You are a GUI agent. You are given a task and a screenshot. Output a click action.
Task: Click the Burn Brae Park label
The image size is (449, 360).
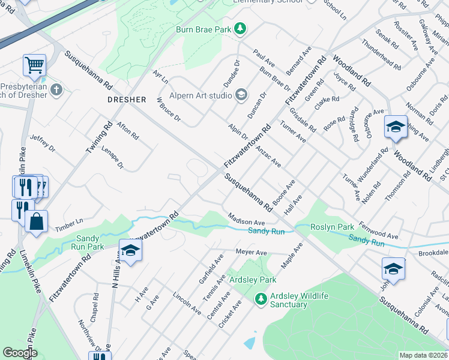(203, 29)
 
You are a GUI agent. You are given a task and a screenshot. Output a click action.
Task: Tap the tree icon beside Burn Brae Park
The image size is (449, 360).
(240, 28)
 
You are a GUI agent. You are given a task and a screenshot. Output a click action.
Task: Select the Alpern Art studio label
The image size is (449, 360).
(201, 94)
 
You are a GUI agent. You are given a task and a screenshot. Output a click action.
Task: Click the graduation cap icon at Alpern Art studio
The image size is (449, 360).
(241, 94)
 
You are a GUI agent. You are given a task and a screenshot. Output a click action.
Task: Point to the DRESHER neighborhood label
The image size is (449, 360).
(127, 100)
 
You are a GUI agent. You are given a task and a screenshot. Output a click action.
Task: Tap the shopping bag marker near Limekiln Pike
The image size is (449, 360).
(36, 221)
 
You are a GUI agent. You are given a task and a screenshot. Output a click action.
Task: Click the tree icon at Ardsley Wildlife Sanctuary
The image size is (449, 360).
(260, 298)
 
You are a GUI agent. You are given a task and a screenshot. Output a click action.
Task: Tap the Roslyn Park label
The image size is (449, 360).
(332, 227)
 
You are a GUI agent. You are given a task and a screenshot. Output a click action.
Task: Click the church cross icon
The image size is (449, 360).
(56, 91)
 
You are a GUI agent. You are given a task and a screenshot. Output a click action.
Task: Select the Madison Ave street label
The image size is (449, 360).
(246, 220)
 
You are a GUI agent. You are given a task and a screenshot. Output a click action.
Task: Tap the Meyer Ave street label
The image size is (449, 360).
(252, 253)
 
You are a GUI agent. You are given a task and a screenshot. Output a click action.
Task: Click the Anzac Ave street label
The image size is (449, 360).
(268, 155)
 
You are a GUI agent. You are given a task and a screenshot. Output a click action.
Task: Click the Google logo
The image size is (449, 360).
(20, 353)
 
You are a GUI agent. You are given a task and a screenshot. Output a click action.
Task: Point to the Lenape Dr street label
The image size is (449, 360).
(112, 157)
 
